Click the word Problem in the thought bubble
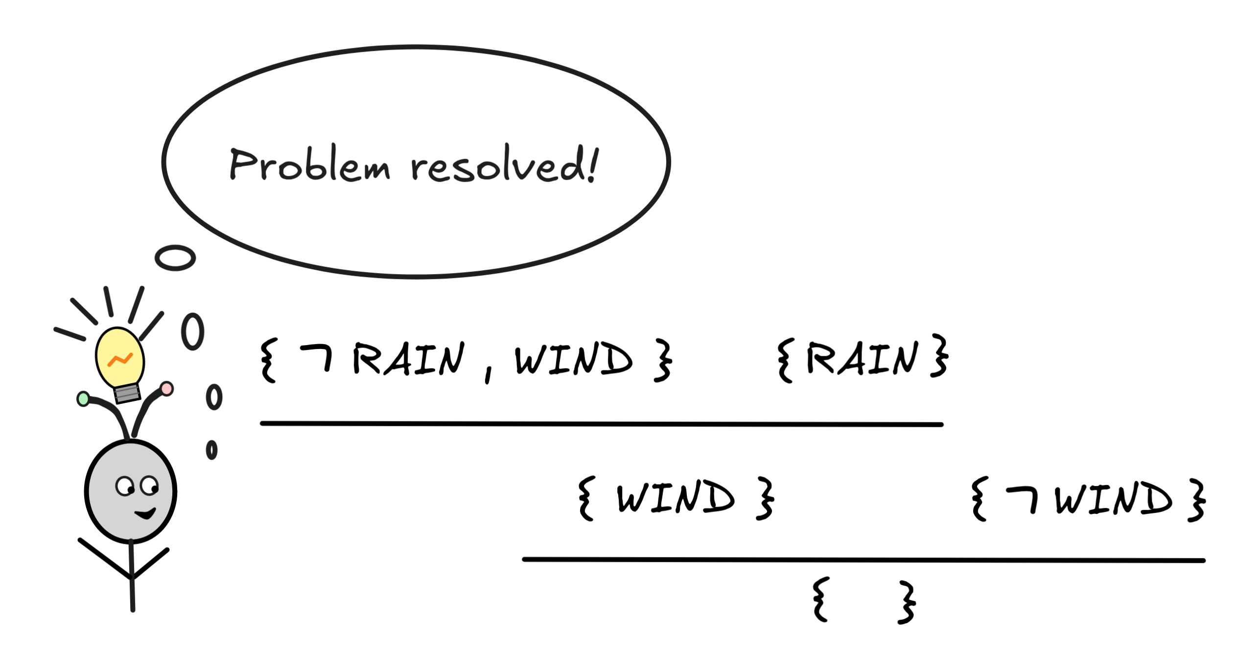[x=309, y=164]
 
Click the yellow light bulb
[x=119, y=357]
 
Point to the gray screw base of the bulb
[x=127, y=393]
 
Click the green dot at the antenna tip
[x=83, y=399]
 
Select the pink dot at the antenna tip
[x=167, y=389]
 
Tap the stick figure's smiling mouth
[x=145, y=513]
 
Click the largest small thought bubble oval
[x=175, y=258]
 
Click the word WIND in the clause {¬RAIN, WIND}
[x=573, y=359]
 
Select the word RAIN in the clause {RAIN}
[x=862, y=358]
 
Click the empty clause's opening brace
[x=821, y=600]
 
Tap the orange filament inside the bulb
[x=120, y=360]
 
